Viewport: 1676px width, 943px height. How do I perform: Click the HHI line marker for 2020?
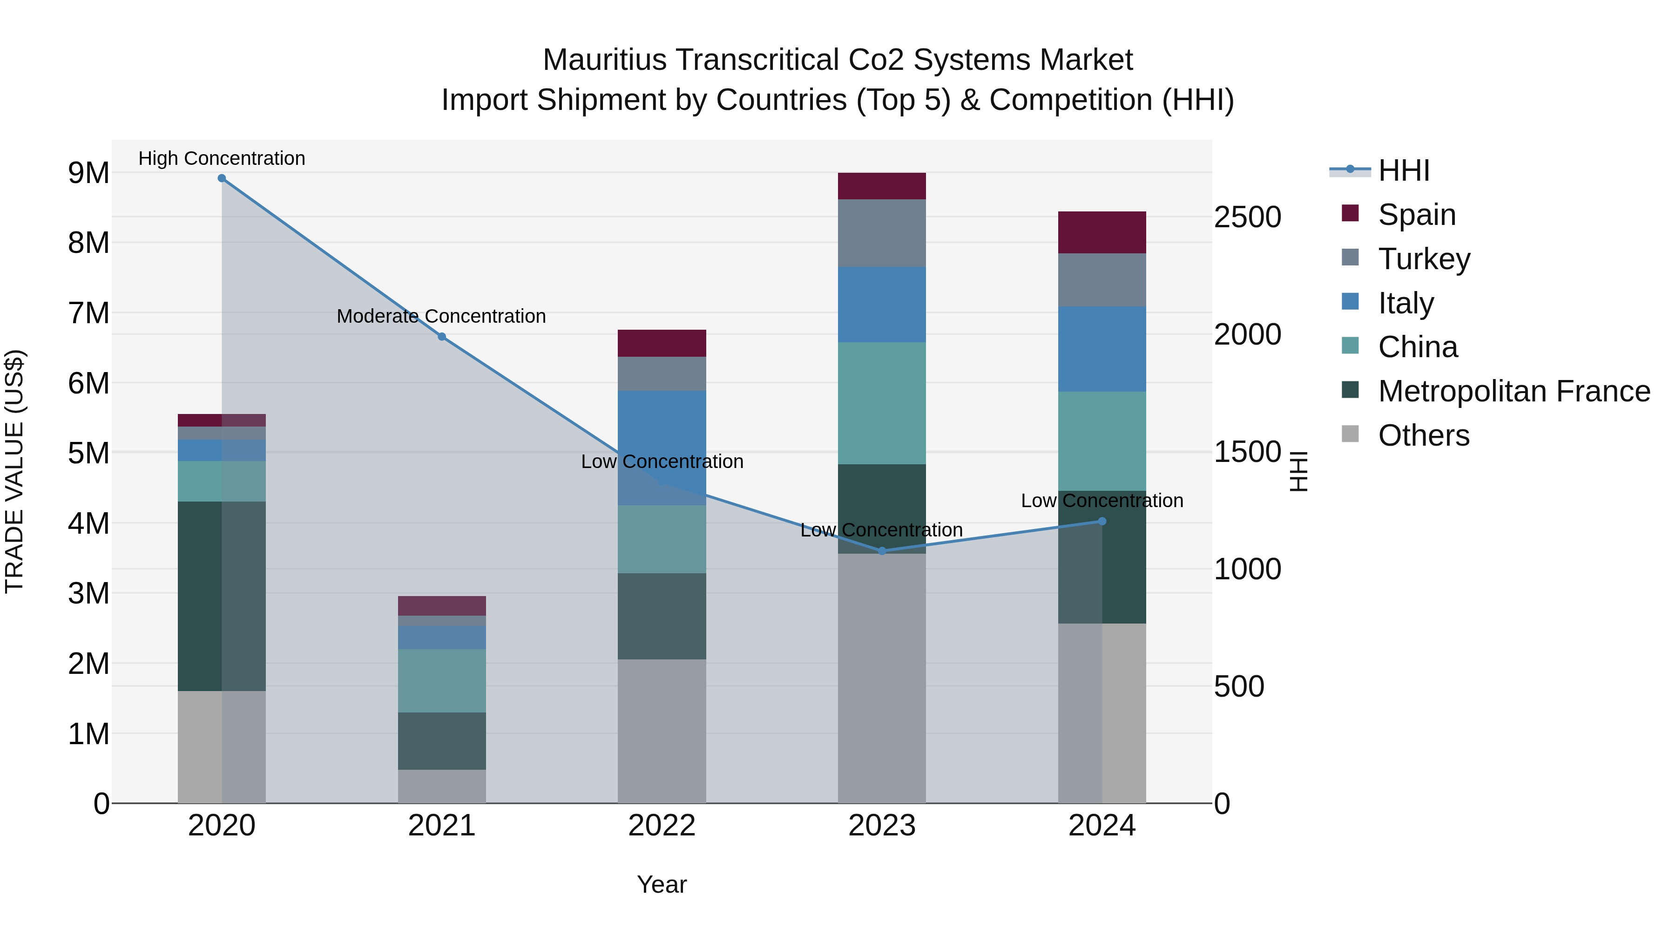[x=222, y=178]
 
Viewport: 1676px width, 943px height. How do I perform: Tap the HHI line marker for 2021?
[x=442, y=337]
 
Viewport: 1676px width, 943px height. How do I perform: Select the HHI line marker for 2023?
[x=882, y=551]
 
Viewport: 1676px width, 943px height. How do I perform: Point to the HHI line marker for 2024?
[x=1102, y=521]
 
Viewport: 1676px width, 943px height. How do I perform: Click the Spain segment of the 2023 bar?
[x=882, y=186]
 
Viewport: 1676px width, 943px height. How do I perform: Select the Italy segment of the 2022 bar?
[x=662, y=448]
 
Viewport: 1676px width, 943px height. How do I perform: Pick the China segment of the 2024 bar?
[x=1102, y=441]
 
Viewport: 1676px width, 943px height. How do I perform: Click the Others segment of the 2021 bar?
[x=442, y=786]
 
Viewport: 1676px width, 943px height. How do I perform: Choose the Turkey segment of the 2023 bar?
[x=882, y=233]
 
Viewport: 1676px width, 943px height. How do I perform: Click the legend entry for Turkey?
[x=1424, y=259]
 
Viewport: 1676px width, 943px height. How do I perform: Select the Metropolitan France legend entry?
[x=1514, y=391]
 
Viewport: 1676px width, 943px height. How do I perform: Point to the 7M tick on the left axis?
[x=88, y=313]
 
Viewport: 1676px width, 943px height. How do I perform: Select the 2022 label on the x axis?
[x=662, y=826]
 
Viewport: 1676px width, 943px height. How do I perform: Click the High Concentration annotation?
[x=222, y=158]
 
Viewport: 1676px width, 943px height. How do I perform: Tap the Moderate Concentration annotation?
[x=441, y=316]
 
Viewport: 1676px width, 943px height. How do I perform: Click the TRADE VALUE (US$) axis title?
[x=14, y=471]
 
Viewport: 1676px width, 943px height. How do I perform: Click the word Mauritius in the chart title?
[x=604, y=60]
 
